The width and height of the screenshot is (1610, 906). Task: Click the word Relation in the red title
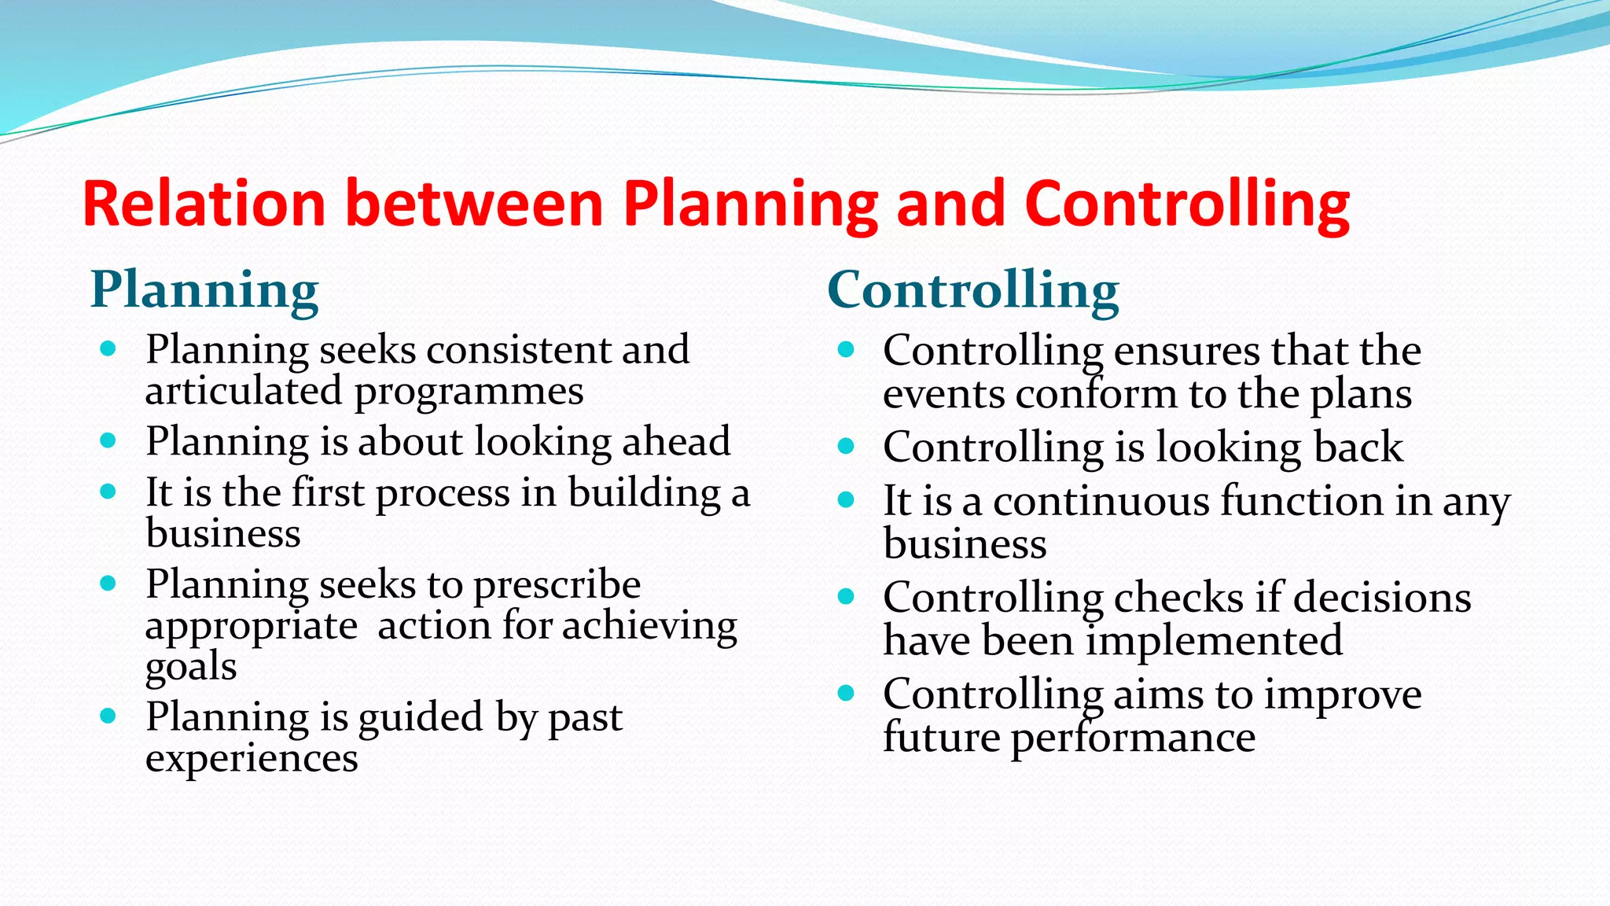pos(204,204)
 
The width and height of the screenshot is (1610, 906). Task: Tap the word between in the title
pos(474,204)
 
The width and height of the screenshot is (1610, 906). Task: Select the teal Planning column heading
pos(204,290)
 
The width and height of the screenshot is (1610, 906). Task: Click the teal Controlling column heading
pos(972,290)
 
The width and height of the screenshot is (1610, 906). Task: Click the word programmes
pos(469,392)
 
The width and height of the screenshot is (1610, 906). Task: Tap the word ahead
pos(676,442)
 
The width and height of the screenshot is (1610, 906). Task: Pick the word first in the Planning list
pos(328,493)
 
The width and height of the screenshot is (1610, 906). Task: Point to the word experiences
pos(252,759)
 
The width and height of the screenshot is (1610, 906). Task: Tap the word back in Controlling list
pos(1358,447)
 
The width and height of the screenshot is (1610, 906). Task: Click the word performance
pos(1133,738)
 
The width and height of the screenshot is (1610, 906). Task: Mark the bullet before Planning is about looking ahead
pos(108,440)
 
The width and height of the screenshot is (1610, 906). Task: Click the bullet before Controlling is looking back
pos(846,447)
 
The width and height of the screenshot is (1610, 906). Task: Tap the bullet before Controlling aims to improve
pos(846,694)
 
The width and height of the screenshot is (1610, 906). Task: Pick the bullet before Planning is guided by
pos(108,716)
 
